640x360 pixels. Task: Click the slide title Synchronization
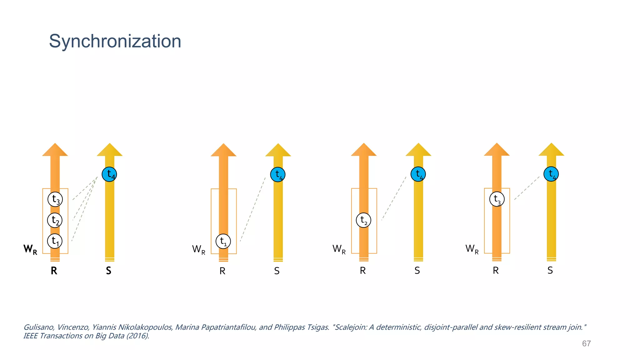(115, 41)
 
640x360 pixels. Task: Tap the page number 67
(586, 343)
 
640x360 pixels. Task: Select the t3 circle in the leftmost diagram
(55, 199)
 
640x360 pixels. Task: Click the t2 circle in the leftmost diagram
(55, 220)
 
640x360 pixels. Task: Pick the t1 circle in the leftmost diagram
(55, 241)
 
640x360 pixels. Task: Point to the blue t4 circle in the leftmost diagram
(109, 174)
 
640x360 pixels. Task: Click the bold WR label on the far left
(30, 249)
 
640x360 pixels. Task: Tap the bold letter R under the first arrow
(54, 271)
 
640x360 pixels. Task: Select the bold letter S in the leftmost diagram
(108, 271)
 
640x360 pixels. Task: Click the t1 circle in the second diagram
(223, 241)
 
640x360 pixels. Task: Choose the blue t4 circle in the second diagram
(278, 174)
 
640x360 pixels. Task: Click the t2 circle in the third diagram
(363, 220)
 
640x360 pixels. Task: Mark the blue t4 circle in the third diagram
(418, 174)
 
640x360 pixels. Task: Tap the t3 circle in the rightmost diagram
(497, 199)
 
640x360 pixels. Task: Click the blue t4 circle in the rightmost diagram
(551, 174)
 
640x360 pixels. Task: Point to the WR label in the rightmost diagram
(472, 249)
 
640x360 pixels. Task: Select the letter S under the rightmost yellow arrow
(550, 270)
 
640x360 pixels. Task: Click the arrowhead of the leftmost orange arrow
(55, 150)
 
